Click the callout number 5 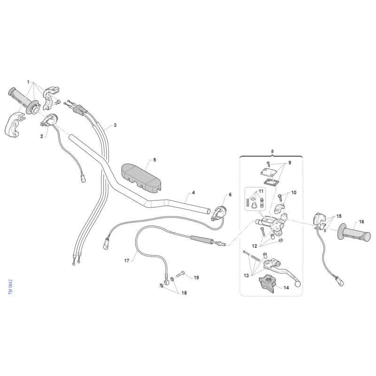click(x=155, y=160)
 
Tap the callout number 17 click(x=126, y=260)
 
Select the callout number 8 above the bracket click(x=272, y=151)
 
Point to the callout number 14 click(x=286, y=288)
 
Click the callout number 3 click(x=115, y=125)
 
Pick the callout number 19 click(x=196, y=277)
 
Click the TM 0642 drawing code click(x=10, y=287)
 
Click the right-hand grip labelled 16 click(x=354, y=232)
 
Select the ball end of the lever click(x=298, y=284)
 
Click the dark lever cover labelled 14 click(x=266, y=284)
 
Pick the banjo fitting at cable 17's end click(x=165, y=282)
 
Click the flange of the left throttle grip click(x=32, y=107)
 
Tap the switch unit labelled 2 click(x=49, y=120)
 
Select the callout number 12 click(x=254, y=246)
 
